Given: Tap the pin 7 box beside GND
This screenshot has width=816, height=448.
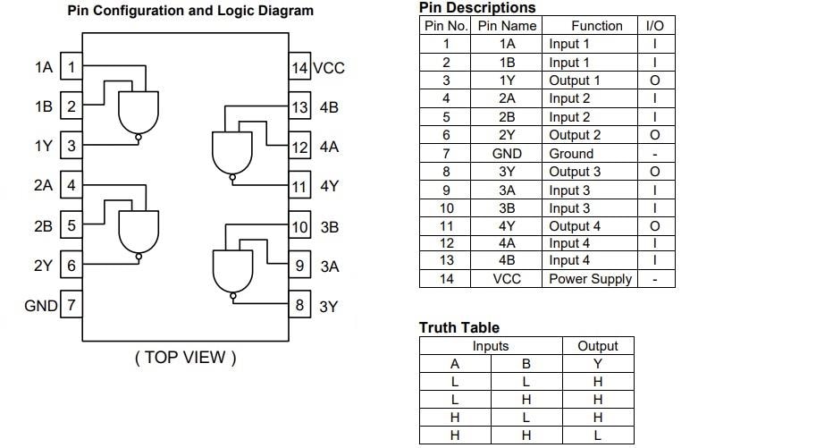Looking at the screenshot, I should coord(72,306).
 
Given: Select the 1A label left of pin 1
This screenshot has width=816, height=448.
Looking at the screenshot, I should coord(43,67).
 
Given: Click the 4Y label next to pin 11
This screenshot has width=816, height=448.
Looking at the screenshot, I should coord(329,187).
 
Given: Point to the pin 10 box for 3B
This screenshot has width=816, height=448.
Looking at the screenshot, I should coord(299,227).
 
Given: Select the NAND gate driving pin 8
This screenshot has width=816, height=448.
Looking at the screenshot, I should coord(231,269).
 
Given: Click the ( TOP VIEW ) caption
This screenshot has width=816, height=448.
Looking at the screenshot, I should coord(186,358).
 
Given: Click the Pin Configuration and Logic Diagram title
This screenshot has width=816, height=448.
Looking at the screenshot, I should coord(190,11).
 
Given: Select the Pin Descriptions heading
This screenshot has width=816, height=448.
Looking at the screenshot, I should coord(477,8).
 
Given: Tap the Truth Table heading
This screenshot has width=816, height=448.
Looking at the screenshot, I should coord(458,327).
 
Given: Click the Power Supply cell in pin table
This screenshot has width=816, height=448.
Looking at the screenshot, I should coord(590,279).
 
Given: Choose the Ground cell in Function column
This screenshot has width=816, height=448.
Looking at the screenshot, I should coord(571,153).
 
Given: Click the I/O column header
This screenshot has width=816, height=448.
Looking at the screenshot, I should coord(654,26).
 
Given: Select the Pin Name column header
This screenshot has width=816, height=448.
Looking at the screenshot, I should coord(507,26).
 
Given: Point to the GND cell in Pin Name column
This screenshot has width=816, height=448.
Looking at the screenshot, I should coord(507,153).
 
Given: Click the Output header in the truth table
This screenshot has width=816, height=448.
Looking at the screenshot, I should coord(597,346).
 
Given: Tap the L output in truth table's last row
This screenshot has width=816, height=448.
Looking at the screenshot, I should coord(597,435).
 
